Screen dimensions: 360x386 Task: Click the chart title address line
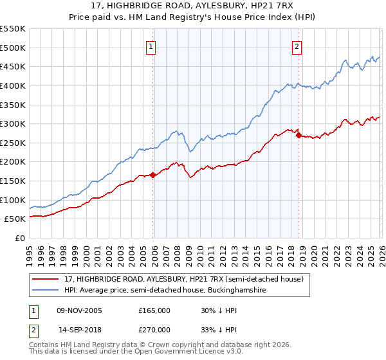(x=193, y=6)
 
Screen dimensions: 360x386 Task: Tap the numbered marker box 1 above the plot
(x=150, y=46)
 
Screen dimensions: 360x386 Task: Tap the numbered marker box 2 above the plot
(x=297, y=46)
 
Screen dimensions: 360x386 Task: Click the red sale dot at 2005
(x=152, y=175)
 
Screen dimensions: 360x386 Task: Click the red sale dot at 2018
(x=299, y=135)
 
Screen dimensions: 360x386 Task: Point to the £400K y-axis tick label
(x=14, y=85)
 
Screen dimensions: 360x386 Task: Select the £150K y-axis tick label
(x=14, y=181)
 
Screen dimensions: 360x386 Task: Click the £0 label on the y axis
(x=19, y=238)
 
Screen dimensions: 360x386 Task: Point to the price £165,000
(x=154, y=310)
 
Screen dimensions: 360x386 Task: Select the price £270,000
(x=154, y=329)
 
